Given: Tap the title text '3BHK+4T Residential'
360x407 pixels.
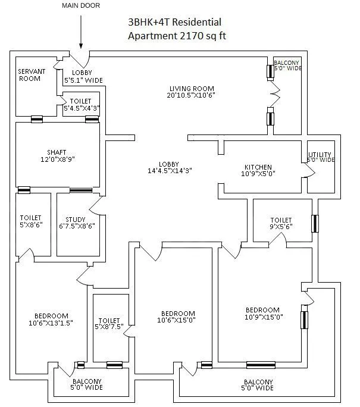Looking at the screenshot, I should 174,22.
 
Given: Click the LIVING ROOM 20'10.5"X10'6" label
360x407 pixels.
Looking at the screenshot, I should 191,92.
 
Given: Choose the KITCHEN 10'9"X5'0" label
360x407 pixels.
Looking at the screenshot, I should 259,171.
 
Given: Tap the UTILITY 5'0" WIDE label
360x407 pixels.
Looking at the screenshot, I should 321,157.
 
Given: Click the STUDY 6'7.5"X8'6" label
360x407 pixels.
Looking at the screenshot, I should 76,222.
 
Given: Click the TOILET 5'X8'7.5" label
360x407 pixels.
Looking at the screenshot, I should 109,324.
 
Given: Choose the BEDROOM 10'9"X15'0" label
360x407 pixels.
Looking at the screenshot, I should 262,314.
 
